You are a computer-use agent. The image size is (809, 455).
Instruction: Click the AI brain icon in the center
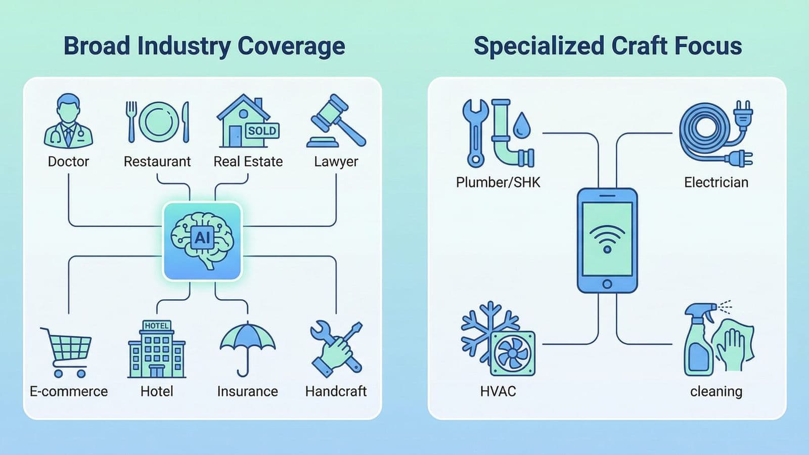202,241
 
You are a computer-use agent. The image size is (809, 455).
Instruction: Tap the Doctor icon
68,121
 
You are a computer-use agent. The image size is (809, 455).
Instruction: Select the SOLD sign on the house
262,131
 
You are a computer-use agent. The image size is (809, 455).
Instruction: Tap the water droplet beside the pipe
522,126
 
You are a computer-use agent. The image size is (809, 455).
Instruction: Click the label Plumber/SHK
498,182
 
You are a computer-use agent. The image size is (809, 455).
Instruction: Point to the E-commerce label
69,391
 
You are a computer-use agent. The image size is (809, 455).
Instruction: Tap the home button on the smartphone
607,284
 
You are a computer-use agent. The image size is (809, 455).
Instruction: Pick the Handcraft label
336,391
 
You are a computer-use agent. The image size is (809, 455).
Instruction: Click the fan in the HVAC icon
513,353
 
